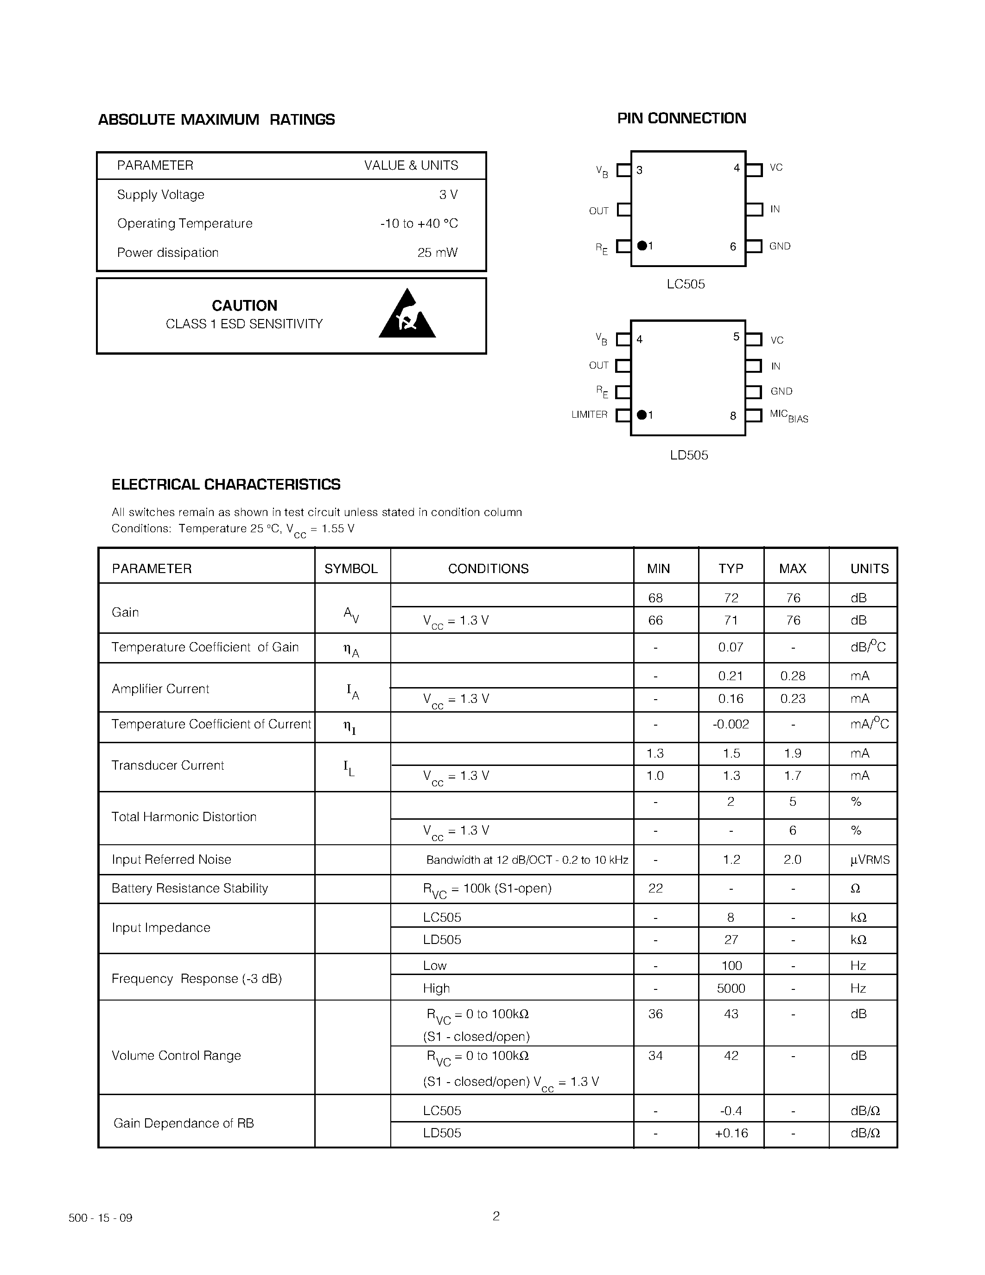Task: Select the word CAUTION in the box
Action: [244, 306]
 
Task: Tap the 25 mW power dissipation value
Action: [437, 253]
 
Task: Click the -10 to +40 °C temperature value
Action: [419, 223]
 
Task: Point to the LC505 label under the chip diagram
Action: [686, 284]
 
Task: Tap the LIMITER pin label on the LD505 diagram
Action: [589, 414]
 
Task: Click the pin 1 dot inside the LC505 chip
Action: [642, 246]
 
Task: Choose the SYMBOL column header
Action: [351, 568]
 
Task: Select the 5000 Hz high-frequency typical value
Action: [731, 988]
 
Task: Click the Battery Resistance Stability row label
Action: [190, 888]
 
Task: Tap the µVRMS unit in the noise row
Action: [870, 860]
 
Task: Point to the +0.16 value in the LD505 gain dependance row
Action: [731, 1133]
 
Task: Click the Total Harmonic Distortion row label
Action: [184, 817]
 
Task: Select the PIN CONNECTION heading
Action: [681, 119]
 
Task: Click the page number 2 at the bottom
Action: [496, 1216]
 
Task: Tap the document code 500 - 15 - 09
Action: [101, 1218]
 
